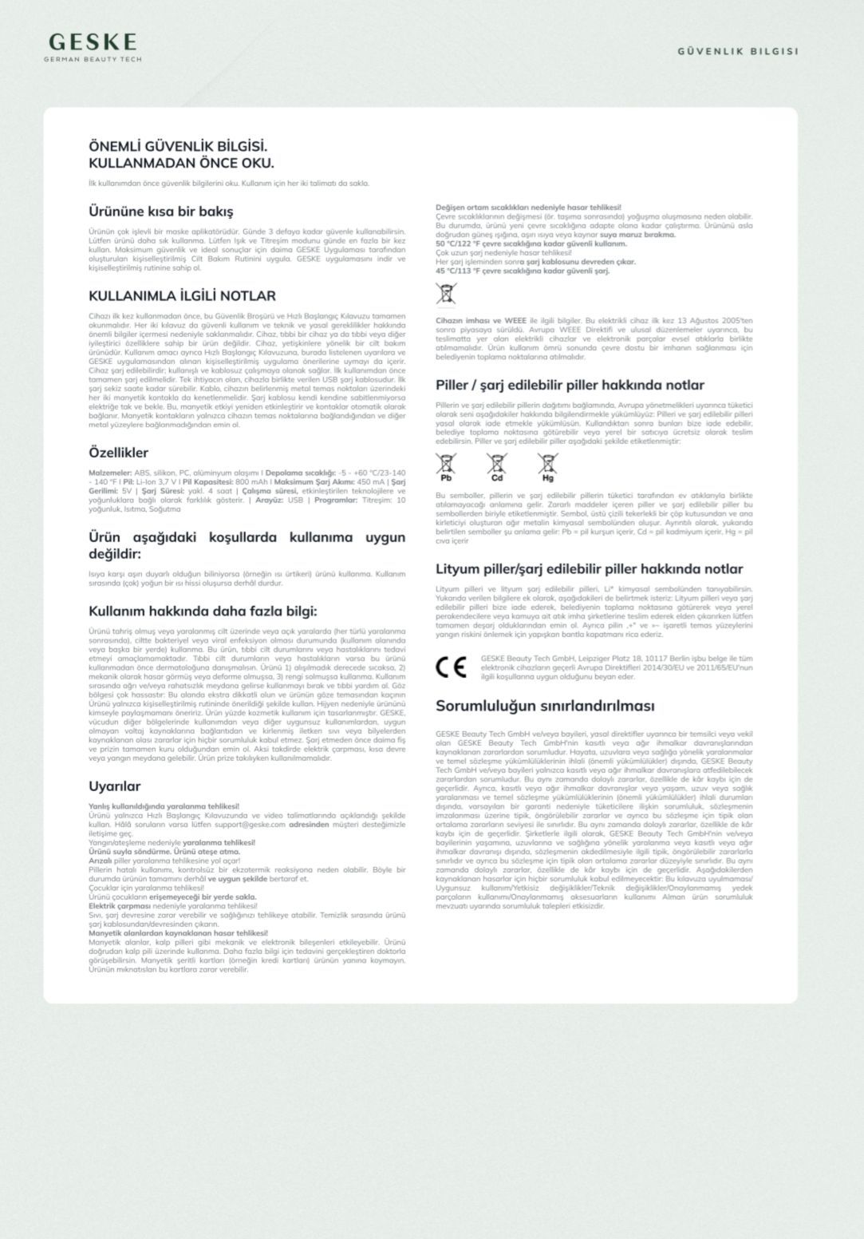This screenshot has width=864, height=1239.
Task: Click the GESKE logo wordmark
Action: click(x=93, y=42)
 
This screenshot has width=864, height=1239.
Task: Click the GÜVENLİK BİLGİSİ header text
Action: click(x=737, y=51)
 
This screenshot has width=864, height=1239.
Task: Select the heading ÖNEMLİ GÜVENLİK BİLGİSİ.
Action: click(x=178, y=147)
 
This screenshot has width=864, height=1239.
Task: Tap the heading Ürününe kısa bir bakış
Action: click(x=160, y=212)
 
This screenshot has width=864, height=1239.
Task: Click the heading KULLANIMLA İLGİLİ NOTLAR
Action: click(x=182, y=295)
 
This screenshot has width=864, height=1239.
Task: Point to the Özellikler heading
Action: click(x=118, y=453)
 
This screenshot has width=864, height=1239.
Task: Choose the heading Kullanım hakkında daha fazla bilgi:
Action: click(x=203, y=612)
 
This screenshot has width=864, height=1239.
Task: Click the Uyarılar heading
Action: click(x=114, y=786)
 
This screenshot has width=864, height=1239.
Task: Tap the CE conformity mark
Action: click(x=452, y=667)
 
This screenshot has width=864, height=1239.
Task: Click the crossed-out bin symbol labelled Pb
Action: click(x=446, y=465)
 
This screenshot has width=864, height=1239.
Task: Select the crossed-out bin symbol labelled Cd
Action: click(x=496, y=465)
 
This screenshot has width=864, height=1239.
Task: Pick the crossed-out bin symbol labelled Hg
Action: click(x=547, y=465)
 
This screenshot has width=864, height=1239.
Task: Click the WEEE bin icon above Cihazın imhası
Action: click(x=446, y=294)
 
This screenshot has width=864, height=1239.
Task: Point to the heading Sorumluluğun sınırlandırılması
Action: click(x=545, y=706)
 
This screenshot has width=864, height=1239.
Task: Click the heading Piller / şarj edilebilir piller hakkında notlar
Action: click(x=570, y=385)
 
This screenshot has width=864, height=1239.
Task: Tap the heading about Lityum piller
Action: click(x=589, y=569)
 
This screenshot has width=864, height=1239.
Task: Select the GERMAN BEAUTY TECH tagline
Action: click(x=93, y=59)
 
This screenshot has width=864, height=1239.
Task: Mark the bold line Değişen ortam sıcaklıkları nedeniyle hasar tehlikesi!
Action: click(x=528, y=208)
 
